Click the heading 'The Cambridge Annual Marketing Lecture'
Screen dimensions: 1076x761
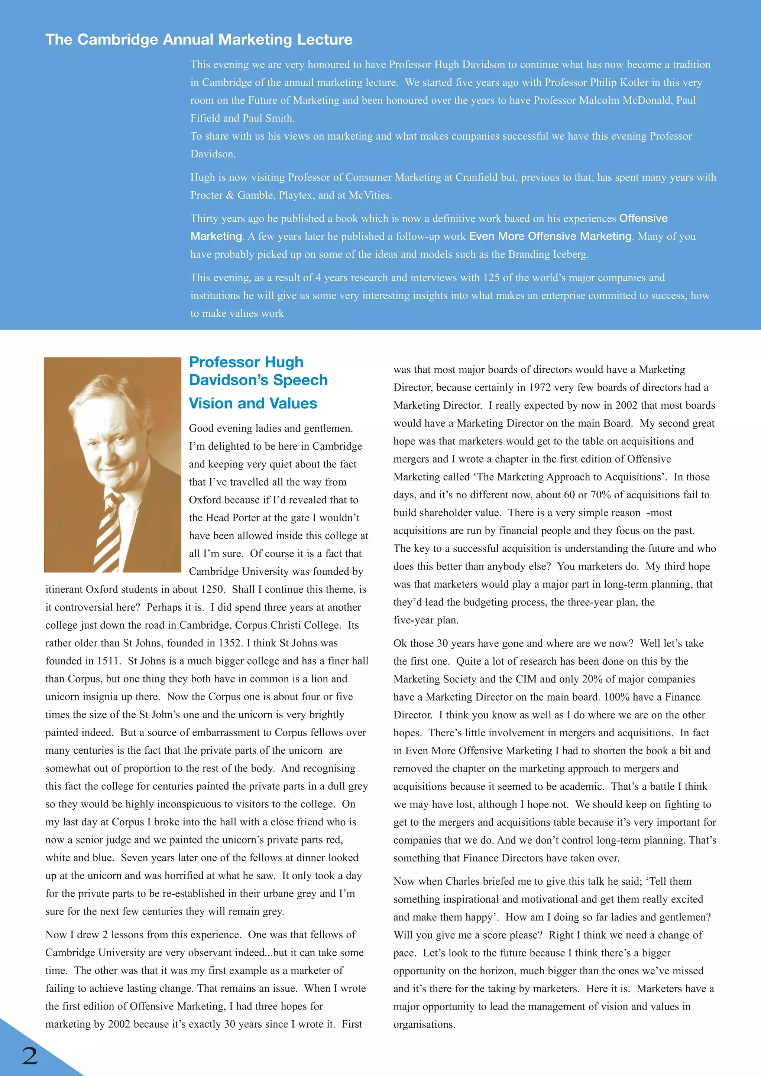click(199, 39)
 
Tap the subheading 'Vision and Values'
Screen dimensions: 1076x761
click(253, 404)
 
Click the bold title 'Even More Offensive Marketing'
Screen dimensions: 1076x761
click(550, 236)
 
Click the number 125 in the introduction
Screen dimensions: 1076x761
click(491, 278)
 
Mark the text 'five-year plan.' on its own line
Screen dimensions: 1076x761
click(426, 620)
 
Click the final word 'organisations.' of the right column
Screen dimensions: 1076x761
click(424, 1024)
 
